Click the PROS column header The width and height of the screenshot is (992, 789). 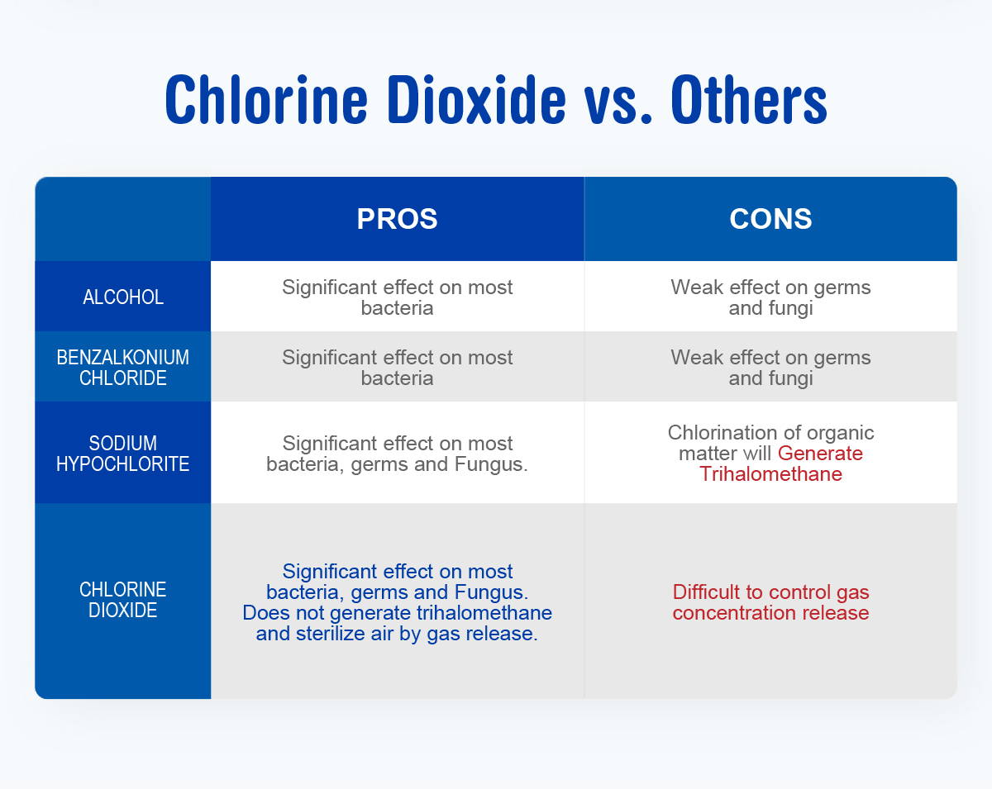tap(397, 218)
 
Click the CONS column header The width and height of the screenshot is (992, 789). tap(770, 218)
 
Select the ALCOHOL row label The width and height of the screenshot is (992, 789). tap(123, 297)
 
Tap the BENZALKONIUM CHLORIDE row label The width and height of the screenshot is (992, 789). tap(122, 368)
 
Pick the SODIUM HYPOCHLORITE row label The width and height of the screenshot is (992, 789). tap(122, 453)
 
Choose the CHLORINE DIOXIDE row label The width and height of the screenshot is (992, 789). tap(122, 600)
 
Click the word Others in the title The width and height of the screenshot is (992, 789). tap(749, 99)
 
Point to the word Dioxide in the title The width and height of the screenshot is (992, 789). tap(477, 99)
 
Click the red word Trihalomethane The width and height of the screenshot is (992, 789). tap(770, 474)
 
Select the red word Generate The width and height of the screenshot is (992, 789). tap(820, 454)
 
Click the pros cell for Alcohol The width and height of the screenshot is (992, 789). tap(397, 297)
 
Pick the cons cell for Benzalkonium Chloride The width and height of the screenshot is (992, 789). tap(770, 368)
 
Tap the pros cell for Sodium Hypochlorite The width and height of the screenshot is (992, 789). tap(397, 454)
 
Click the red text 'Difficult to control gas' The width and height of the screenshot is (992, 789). tap(770, 592)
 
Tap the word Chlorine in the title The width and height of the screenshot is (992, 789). tap(266, 99)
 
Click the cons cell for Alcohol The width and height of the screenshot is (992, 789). tap(770, 297)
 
